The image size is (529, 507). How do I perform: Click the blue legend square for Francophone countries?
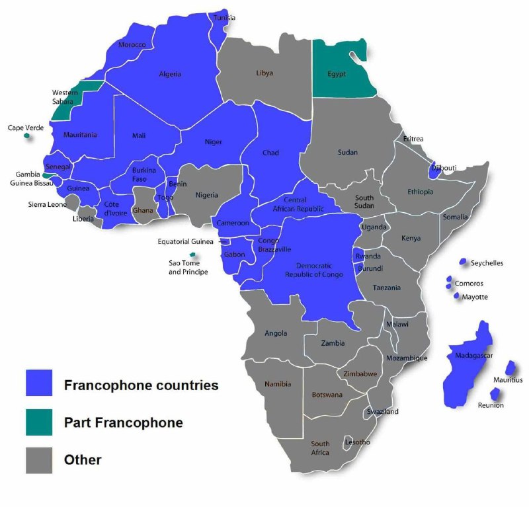point(39,383)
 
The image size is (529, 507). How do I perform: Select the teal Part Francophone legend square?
point(39,422)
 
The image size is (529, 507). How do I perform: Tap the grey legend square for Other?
point(39,459)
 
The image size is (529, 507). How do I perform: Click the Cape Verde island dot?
point(27,136)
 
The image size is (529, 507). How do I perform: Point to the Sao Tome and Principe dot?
point(192,255)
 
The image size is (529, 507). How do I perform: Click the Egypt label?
point(337,73)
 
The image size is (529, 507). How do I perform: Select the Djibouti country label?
point(444,168)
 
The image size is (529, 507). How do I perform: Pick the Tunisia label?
point(224,18)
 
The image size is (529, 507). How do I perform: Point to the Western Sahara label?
point(65,97)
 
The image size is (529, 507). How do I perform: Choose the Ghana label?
point(143,210)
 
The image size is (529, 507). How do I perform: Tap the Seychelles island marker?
point(464,262)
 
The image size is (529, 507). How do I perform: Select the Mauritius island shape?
point(510,368)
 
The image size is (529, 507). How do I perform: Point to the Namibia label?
point(277,384)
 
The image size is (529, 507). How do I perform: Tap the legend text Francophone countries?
point(141,385)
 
